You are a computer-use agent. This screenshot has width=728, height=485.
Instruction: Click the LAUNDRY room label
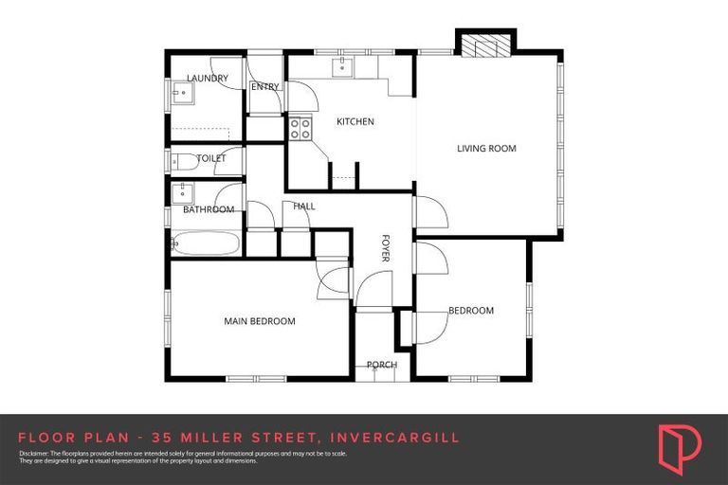208,79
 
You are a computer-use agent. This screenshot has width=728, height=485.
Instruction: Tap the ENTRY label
264,87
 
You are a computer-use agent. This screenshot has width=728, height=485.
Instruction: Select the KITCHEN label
355,121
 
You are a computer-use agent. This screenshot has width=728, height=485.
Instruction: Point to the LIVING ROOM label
486,148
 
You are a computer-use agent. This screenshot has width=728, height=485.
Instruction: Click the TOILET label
210,158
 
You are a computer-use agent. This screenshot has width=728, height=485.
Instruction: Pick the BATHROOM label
209,209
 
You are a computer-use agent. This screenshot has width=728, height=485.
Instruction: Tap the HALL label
304,206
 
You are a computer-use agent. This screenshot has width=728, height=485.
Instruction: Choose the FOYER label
386,249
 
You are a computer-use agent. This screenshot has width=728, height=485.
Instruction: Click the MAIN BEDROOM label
260,321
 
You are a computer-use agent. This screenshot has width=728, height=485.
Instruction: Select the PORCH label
382,365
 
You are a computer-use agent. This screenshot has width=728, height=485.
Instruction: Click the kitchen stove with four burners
300,128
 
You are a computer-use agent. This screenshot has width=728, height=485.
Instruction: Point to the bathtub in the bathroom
206,243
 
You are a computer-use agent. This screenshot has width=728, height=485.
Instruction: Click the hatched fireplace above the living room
485,45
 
